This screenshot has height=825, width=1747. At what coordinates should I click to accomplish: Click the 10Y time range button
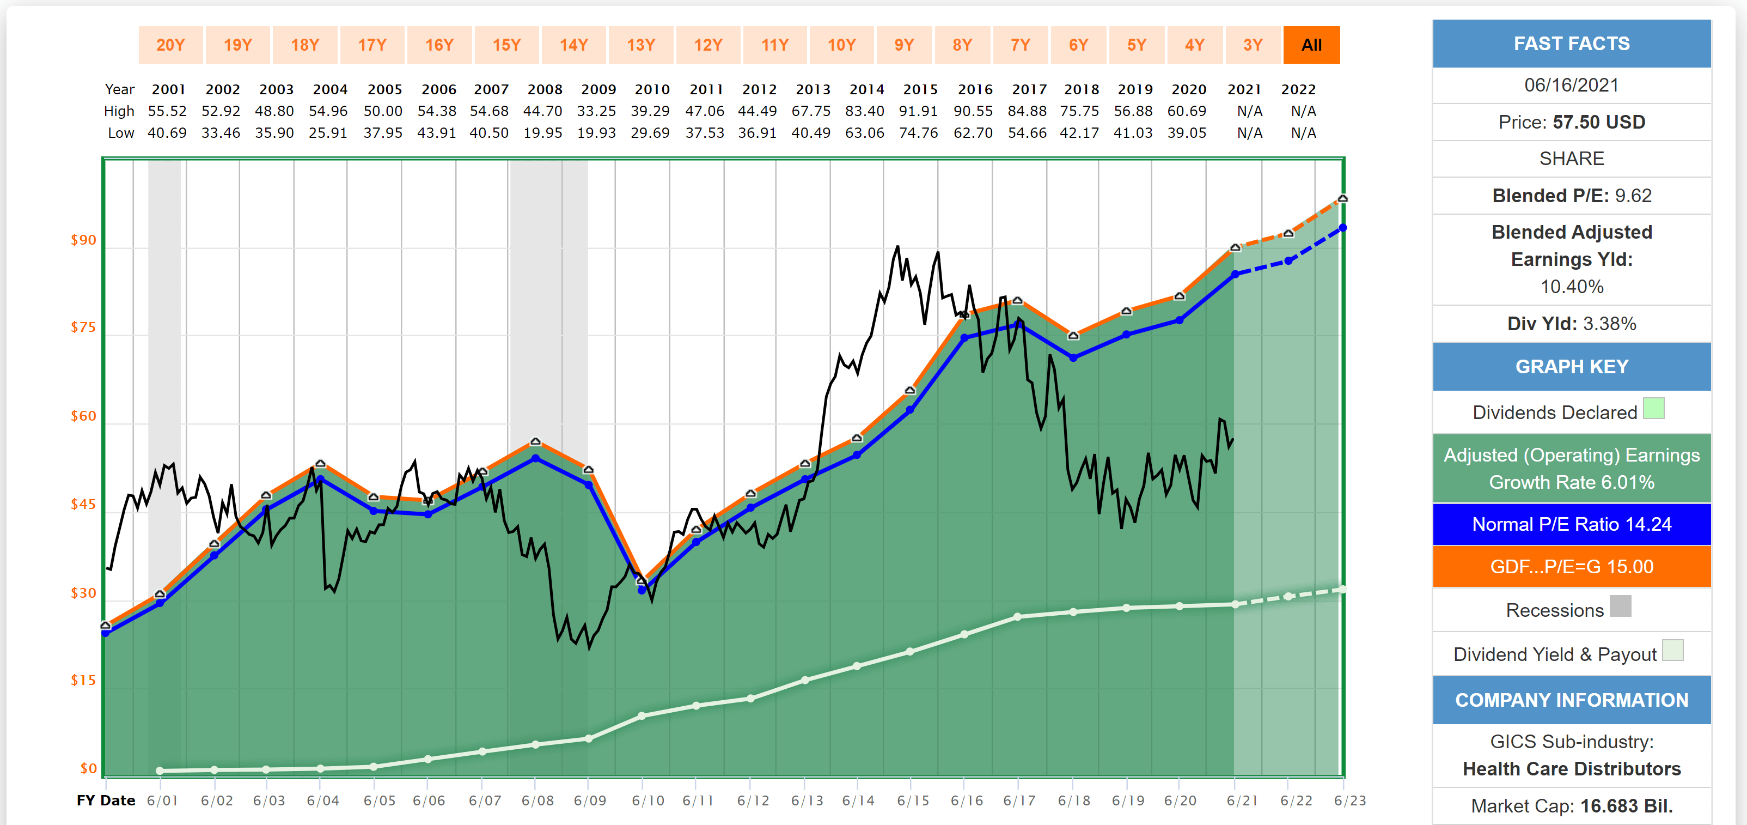[x=841, y=45]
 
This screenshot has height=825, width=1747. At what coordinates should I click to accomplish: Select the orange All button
[x=1311, y=45]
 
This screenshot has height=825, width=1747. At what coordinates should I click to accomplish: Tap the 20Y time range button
[x=170, y=45]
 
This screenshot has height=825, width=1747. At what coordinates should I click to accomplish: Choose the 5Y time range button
[x=1136, y=45]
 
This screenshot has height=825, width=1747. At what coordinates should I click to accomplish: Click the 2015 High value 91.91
[x=918, y=111]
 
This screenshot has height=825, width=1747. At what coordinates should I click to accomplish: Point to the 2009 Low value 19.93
[x=596, y=133]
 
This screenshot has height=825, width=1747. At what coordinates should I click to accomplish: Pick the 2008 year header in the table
[x=545, y=89]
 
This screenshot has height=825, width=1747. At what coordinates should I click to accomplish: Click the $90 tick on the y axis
[x=83, y=240]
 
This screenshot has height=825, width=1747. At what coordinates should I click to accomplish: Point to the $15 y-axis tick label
[x=83, y=681]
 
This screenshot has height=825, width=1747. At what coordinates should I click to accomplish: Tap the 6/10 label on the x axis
[x=648, y=800]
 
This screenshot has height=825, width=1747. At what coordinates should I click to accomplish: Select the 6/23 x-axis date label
[x=1349, y=800]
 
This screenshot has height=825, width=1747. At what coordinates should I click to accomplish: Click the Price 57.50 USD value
[x=1571, y=122]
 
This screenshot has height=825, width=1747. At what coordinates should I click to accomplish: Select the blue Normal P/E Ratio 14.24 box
[x=1571, y=524]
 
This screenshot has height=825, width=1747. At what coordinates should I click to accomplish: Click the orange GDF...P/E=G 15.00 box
[x=1571, y=567]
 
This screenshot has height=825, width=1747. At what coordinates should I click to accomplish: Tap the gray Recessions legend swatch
[x=1620, y=606]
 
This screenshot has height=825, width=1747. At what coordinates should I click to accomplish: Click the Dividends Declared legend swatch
[x=1653, y=409]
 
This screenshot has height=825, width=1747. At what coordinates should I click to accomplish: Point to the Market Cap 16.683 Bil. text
[x=1571, y=806]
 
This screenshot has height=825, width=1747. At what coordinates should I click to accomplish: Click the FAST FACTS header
[x=1571, y=44]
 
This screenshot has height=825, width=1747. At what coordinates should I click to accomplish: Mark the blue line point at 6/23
[x=1342, y=228]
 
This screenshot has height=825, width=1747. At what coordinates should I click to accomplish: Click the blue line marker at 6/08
[x=536, y=459]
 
